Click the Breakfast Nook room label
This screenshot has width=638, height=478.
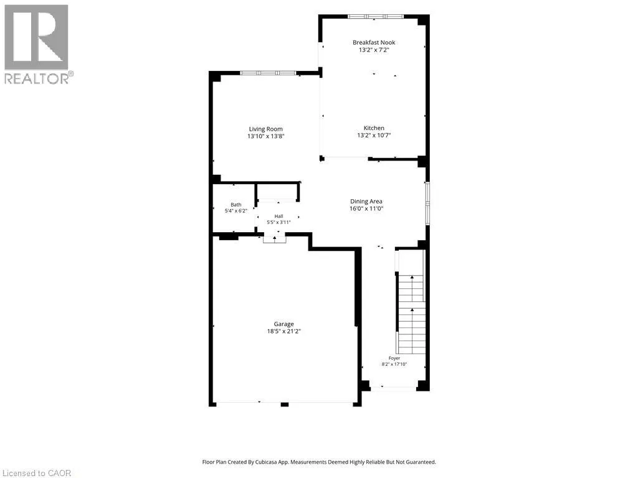click(374, 42)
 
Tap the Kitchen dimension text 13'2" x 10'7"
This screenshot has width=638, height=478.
click(374, 135)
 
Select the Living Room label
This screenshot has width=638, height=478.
click(265, 129)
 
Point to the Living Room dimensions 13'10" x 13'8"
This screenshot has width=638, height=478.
click(265, 136)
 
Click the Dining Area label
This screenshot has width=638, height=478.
click(366, 201)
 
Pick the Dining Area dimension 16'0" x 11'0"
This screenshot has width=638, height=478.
click(366, 209)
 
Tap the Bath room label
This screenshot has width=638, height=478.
click(236, 205)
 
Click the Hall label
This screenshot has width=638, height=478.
click(279, 216)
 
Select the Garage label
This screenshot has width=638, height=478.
click(283, 324)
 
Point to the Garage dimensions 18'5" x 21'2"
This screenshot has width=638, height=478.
click(283, 331)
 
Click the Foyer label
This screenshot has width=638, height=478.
click(394, 358)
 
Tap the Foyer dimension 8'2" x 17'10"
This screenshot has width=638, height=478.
click(394, 364)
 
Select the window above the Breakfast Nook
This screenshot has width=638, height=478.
click(375, 17)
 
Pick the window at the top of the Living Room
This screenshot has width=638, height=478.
click(268, 73)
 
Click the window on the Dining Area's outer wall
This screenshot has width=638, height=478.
click(427, 204)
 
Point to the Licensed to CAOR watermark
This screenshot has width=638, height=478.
click(36, 473)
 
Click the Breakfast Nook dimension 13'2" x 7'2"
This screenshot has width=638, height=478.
click(374, 50)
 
